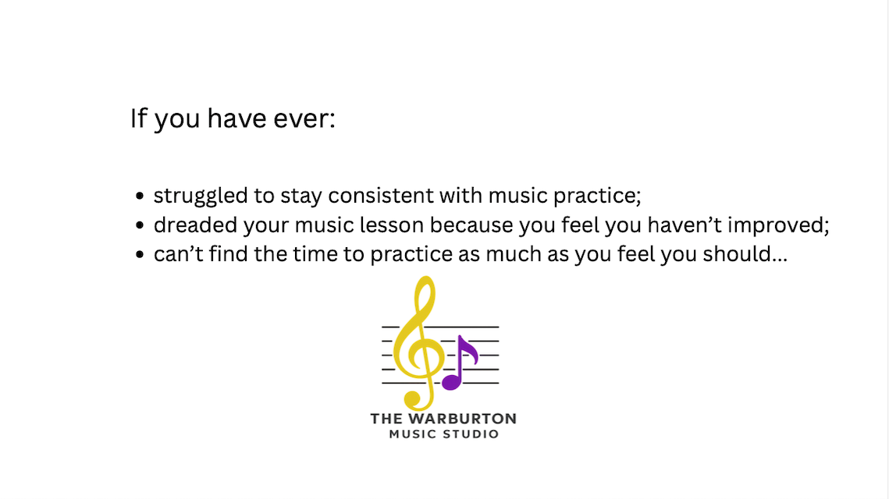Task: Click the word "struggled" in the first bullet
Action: click(x=201, y=196)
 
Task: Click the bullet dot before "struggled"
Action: click(x=140, y=196)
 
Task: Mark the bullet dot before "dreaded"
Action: click(x=140, y=225)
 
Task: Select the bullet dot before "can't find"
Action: click(x=140, y=255)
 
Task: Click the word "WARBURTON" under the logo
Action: click(x=463, y=419)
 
